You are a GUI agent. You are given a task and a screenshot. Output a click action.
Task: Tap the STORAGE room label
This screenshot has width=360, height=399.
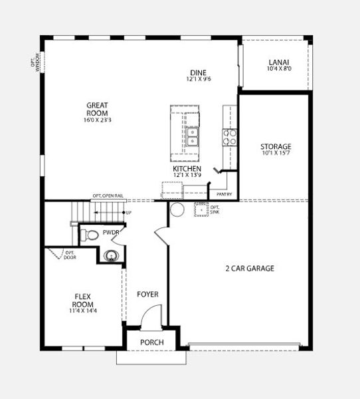coord(276,146)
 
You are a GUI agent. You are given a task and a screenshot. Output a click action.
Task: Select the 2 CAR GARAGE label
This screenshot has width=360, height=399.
coord(250,269)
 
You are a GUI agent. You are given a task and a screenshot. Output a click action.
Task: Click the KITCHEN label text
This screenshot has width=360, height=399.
coord(187,169)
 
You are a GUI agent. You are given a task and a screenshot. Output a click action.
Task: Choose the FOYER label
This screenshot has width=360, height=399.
coord(147,293)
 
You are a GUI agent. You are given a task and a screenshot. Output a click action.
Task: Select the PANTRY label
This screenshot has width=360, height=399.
coord(225,194)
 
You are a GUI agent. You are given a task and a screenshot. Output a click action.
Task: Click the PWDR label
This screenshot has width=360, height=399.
coord(110,233)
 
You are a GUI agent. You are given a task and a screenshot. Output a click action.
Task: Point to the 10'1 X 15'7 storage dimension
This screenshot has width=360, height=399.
coord(276,154)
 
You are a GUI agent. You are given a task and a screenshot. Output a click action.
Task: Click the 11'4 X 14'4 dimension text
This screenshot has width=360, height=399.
coord(83,311)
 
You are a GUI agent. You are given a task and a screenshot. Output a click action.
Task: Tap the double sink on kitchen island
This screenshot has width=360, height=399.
coord(193,136)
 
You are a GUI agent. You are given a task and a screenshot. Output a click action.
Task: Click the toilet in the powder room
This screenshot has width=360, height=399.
coord(86,233)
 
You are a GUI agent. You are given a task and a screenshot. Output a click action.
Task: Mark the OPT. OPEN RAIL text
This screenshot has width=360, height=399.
coord(108,196)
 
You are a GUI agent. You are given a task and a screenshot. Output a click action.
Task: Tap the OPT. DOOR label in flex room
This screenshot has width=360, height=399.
coord(70,255)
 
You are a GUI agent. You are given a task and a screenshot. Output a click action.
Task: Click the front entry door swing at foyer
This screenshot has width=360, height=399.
coord(152,313)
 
